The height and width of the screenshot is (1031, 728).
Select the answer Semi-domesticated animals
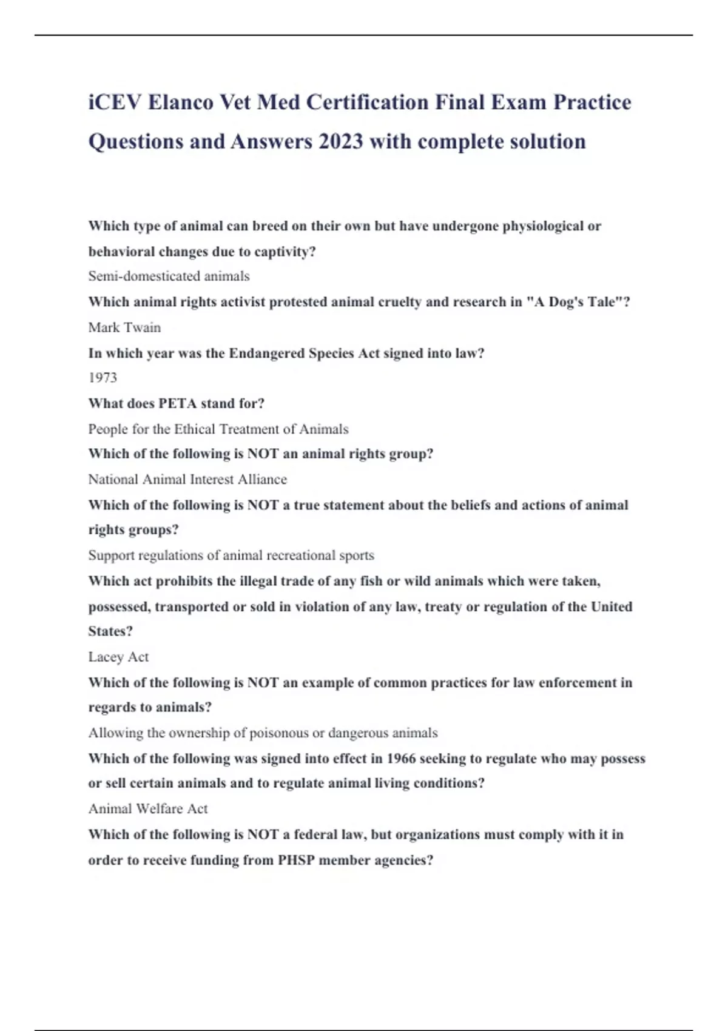click(x=169, y=276)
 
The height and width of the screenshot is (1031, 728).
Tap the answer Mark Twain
click(x=124, y=327)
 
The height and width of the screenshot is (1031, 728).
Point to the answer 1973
click(x=103, y=377)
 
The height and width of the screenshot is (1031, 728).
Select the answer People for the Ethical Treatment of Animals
click(x=218, y=429)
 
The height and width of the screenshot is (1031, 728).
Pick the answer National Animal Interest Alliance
click(x=187, y=479)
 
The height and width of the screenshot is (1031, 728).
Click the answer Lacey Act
click(x=118, y=657)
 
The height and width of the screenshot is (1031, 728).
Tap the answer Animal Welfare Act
click(x=148, y=808)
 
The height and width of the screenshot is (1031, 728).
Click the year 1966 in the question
click(x=401, y=759)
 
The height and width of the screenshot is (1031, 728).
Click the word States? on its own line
click(x=110, y=631)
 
